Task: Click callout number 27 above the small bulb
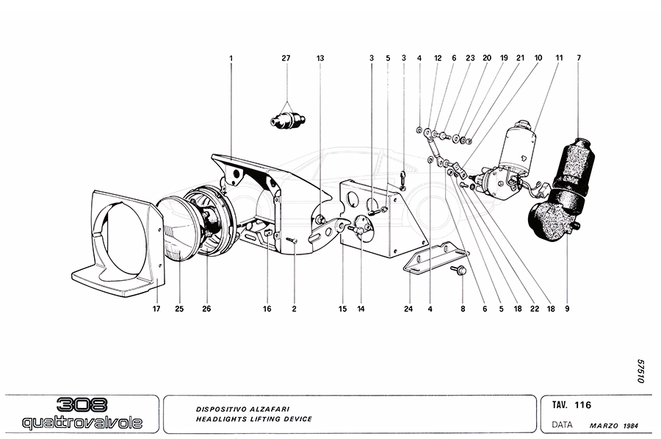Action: pos(286,57)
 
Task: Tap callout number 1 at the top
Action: pos(231,57)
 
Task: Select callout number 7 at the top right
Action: pos(579,57)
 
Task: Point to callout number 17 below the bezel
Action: pos(156,309)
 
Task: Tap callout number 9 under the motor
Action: pos(567,309)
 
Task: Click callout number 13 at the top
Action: pos(320,57)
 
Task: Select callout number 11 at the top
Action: pos(559,57)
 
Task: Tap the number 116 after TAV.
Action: pos(583,405)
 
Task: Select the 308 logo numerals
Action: pos(82,405)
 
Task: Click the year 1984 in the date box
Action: pos(630,425)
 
